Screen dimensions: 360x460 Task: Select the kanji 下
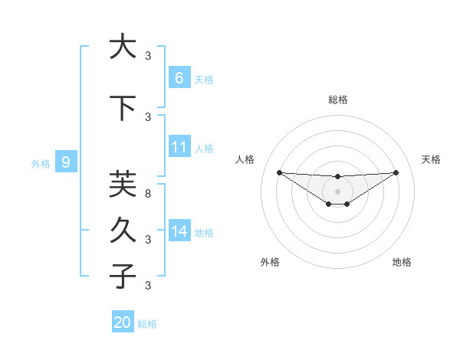pos(123,107)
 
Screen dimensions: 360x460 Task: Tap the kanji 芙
pos(123,184)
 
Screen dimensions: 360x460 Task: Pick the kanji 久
pos(123,229)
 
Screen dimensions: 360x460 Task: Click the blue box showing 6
pos(179,77)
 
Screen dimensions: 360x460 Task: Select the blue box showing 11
pos(179,147)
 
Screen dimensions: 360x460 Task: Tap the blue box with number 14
pos(179,231)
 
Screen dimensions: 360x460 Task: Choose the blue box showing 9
pos(66,162)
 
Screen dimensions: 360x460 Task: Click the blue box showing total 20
pos(122,322)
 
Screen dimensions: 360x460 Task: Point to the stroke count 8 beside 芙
pos(148,195)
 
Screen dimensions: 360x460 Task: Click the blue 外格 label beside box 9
pos(41,163)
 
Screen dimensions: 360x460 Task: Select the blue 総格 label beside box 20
pos(147,324)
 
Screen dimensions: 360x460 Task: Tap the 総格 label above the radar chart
pos(337,100)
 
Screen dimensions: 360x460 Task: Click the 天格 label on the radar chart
pos(432,159)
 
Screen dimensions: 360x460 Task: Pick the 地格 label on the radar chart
pos(402,262)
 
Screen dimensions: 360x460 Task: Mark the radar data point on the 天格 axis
pos(396,172)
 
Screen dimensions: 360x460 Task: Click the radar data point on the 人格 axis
pos(279,172)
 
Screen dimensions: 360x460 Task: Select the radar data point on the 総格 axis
pos(337,177)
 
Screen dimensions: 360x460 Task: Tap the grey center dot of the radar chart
pos(337,191)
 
